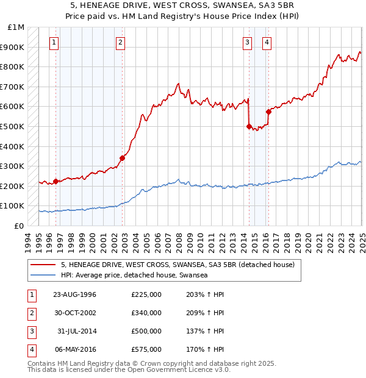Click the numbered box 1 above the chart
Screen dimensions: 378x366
click(x=55, y=42)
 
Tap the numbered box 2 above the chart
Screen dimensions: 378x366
click(x=121, y=42)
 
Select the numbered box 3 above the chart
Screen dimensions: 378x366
click(x=247, y=42)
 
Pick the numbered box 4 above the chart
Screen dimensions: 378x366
click(x=267, y=42)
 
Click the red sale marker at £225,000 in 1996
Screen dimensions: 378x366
click(x=56, y=180)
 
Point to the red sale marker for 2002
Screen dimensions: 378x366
click(x=122, y=158)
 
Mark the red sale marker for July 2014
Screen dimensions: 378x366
click(x=249, y=126)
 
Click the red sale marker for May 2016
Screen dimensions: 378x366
click(x=268, y=112)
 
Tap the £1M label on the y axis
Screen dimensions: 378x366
click(x=16, y=27)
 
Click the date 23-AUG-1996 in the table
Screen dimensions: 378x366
click(x=74, y=294)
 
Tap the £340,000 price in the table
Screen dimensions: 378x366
click(x=146, y=313)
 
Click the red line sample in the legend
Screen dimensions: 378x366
click(x=43, y=265)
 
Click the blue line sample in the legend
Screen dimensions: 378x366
click(x=43, y=275)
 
